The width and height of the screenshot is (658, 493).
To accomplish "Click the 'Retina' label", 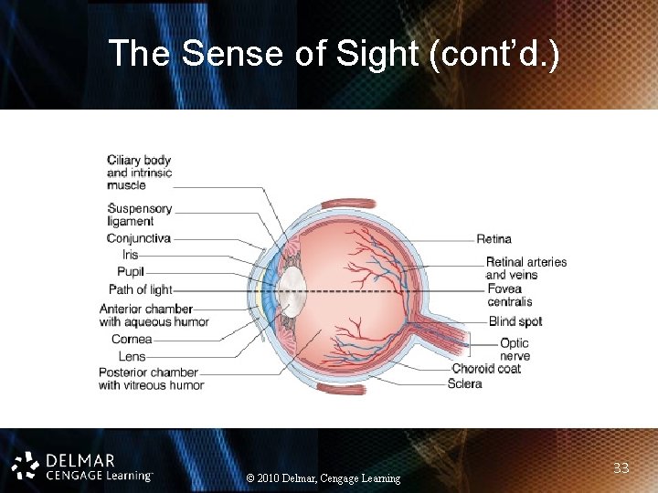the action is [x=493, y=239].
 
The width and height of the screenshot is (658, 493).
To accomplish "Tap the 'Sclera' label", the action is [x=464, y=384].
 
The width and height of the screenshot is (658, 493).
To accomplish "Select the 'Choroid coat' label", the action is [x=485, y=369].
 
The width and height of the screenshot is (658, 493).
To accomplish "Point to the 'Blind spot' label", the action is [x=515, y=321].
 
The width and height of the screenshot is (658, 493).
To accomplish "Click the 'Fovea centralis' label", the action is [x=509, y=295].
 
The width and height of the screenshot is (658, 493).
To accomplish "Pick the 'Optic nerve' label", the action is [x=515, y=350].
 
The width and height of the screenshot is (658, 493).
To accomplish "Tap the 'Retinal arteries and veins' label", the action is [x=525, y=268].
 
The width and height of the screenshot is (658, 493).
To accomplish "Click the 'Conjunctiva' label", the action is [x=138, y=238].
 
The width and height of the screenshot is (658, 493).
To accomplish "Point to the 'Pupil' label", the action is [x=130, y=272].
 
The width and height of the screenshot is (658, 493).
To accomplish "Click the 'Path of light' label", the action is [x=140, y=289].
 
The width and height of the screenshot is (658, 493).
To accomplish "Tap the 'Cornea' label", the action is [x=132, y=340].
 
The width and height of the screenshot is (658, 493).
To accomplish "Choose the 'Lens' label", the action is [x=132, y=356].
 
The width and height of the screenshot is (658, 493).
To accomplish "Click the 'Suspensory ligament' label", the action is [x=139, y=215].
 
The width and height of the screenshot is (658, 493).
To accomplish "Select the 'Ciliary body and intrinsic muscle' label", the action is [x=139, y=173].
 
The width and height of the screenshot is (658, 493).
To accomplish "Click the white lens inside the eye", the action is [x=292, y=290].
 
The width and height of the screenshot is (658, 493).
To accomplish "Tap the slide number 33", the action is [x=621, y=468].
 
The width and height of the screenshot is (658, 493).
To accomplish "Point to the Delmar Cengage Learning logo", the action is [x=82, y=466].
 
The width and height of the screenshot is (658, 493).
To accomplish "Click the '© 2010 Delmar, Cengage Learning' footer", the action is [x=324, y=478].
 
